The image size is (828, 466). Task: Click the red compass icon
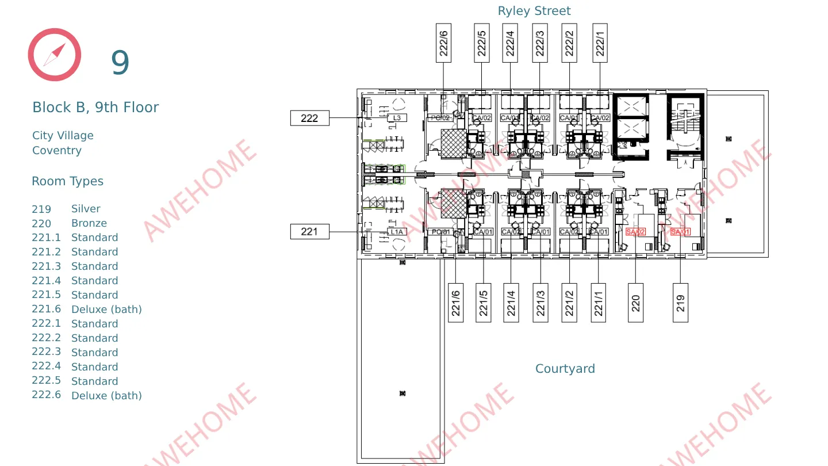tap(55, 55)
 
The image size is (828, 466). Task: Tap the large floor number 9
tap(120, 63)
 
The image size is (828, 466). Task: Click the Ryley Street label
tap(534, 11)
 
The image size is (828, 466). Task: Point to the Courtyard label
tap(565, 369)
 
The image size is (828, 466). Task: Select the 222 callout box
tap(309, 118)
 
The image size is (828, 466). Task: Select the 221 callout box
tap(309, 231)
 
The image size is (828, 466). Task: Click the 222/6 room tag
tap(443, 43)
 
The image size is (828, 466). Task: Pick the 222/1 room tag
tap(600, 43)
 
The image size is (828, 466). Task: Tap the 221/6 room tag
tap(455, 303)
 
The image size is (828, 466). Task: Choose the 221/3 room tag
tap(540, 303)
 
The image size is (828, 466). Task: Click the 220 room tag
tap(635, 303)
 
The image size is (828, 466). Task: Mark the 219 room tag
tap(680, 303)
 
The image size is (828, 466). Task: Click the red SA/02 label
tap(635, 232)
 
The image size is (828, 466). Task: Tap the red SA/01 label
tap(680, 232)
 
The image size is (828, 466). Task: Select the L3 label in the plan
tap(397, 118)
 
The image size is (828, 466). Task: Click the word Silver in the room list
tap(86, 209)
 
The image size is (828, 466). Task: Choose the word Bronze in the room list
tap(89, 223)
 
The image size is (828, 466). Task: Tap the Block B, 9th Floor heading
tap(95, 108)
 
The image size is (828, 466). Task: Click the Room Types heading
tap(67, 181)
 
